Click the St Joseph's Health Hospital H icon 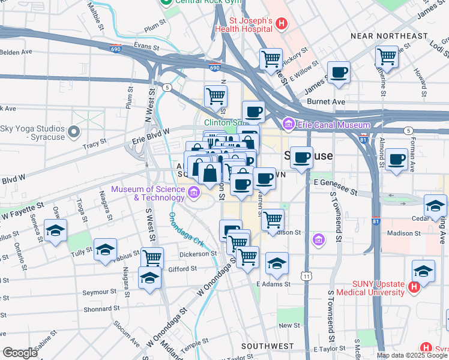point(282,25)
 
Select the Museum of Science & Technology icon point(194,193)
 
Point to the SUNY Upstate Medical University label point(370,287)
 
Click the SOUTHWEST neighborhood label point(267,347)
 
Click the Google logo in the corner point(19,352)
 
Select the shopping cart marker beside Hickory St point(271,59)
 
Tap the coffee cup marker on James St point(339,72)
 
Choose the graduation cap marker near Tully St point(104,250)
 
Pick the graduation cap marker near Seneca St point(55,230)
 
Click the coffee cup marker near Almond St point(396,160)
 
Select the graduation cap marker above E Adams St point(277,263)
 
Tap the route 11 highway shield point(307,276)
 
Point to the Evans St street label point(146,46)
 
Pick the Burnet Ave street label point(326,102)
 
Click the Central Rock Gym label point(194,2)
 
